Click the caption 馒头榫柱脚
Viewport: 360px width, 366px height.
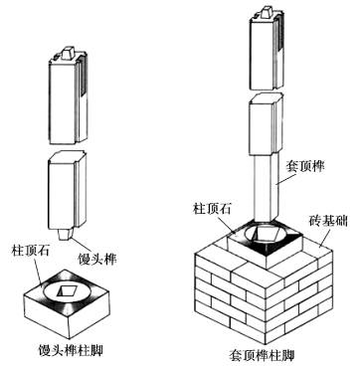[x=71, y=350]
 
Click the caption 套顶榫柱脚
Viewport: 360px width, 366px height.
[x=262, y=356]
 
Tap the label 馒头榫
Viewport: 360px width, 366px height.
[x=97, y=259]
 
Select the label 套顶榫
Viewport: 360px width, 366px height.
[x=304, y=166]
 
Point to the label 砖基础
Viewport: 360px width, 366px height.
[x=328, y=221]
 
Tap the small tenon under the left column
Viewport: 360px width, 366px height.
[x=65, y=234]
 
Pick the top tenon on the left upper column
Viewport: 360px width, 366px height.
[x=69, y=53]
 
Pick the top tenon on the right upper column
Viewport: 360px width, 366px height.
[x=267, y=12]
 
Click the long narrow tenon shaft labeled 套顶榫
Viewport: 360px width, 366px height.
[x=267, y=188]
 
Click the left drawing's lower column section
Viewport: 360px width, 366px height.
[x=68, y=191]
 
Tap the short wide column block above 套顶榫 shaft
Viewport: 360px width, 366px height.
[x=267, y=124]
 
